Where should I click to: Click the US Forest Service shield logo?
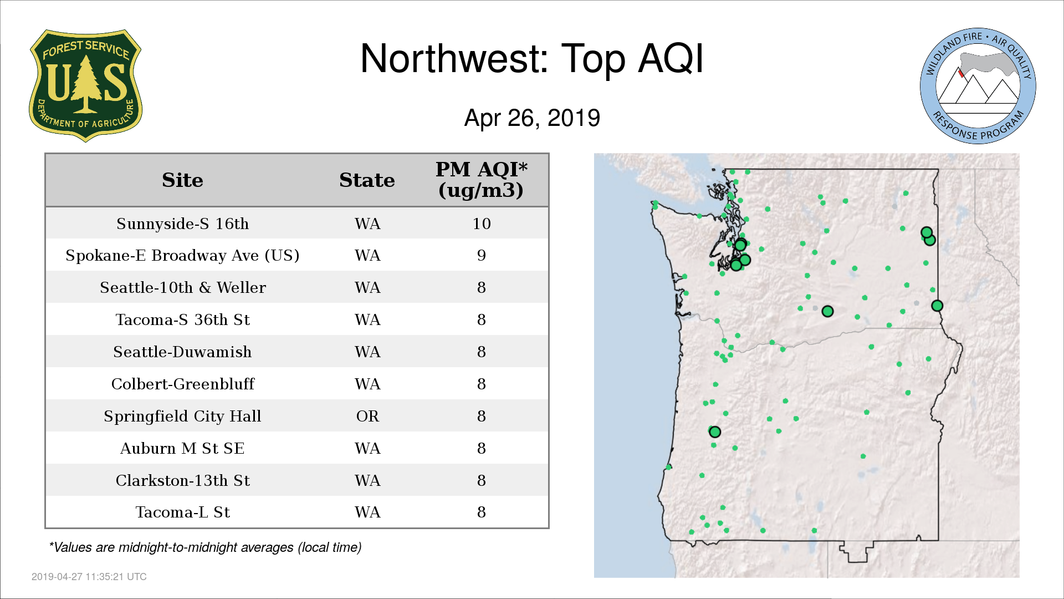click(x=85, y=86)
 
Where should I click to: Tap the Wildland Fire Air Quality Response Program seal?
click(x=978, y=86)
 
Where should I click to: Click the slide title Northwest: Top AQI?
click(x=532, y=59)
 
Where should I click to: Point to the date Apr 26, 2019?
click(x=532, y=118)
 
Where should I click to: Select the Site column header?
click(x=182, y=180)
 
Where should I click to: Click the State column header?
click(x=367, y=180)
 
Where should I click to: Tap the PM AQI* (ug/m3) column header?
click(x=481, y=180)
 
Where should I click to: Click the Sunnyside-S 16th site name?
click(x=182, y=224)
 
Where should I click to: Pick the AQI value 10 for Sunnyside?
click(x=482, y=224)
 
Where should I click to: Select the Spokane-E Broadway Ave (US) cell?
click(x=182, y=256)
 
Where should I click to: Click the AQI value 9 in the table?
click(x=482, y=256)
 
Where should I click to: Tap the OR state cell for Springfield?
click(x=367, y=416)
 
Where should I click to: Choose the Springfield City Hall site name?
click(x=182, y=416)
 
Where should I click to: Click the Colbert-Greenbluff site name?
click(x=182, y=384)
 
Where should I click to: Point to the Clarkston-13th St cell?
click(x=182, y=480)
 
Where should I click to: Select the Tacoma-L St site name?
click(x=182, y=512)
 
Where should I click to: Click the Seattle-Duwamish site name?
click(x=182, y=352)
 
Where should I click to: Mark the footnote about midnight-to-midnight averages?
click(x=206, y=547)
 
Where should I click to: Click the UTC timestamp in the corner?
click(x=89, y=577)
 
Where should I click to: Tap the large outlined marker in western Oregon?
click(x=715, y=432)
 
